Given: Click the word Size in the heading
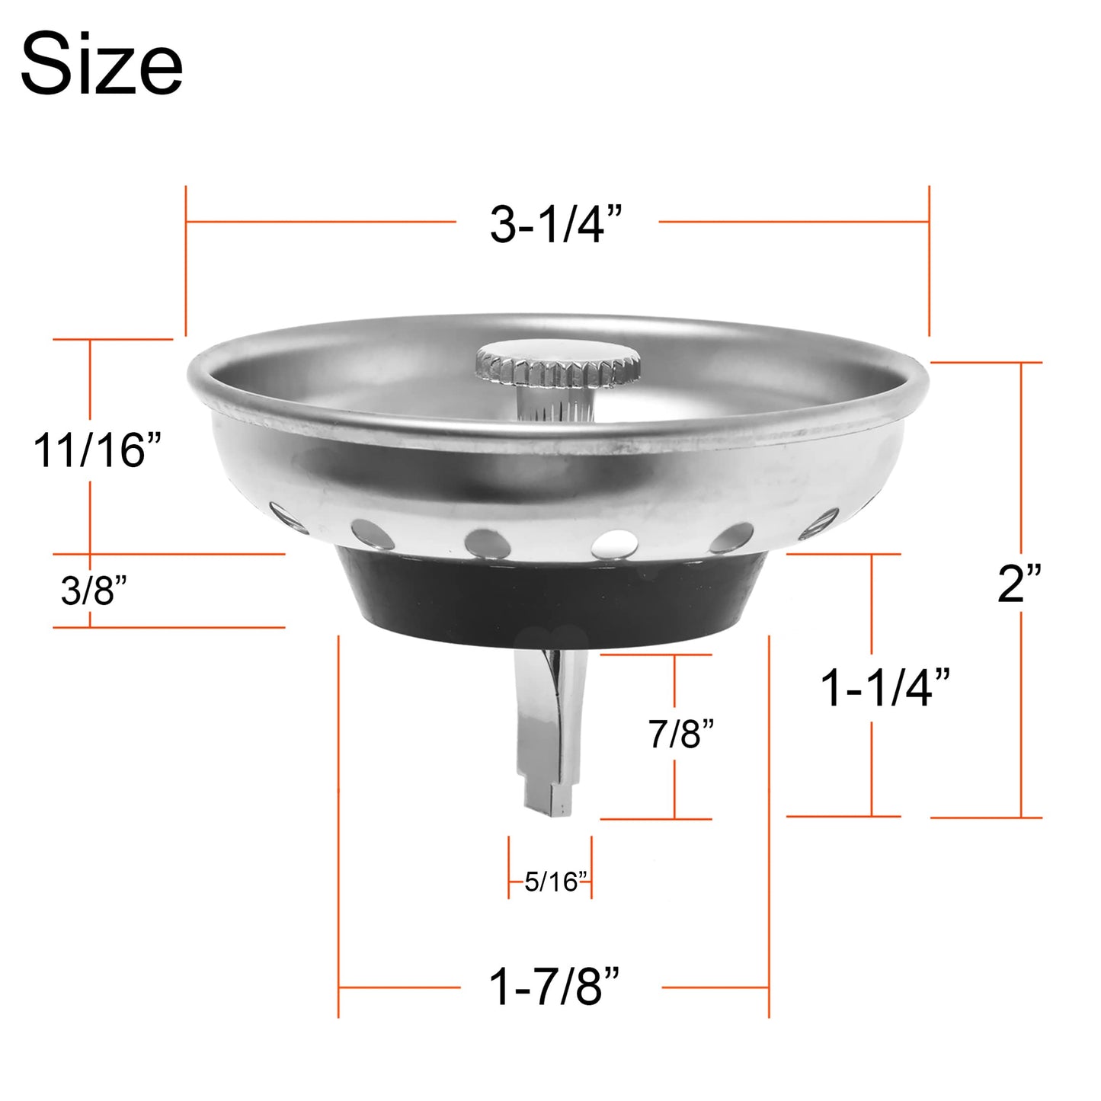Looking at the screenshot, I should click(x=101, y=65).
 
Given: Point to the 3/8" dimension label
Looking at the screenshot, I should click(x=94, y=591).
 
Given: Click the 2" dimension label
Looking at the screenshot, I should click(x=1019, y=584).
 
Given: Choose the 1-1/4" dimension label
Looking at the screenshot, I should click(x=885, y=687).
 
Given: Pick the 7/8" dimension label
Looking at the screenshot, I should click(x=681, y=734).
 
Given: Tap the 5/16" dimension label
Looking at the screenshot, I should click(x=556, y=882).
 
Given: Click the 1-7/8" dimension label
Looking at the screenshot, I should click(x=554, y=987).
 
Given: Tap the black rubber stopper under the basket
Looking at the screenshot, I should click(x=552, y=598).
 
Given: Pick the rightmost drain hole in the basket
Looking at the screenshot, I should click(x=819, y=523).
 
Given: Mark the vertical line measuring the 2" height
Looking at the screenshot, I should click(x=1021, y=472).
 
